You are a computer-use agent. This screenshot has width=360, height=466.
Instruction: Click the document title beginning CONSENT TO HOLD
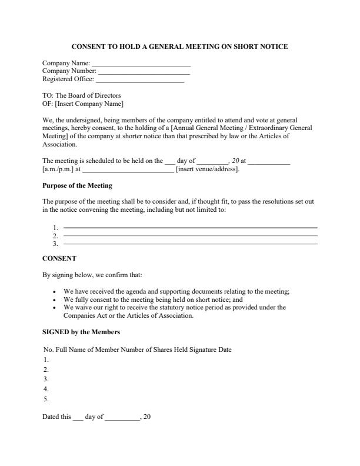pos(179,46)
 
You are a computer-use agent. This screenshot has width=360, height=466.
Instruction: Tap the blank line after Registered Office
pos(139,81)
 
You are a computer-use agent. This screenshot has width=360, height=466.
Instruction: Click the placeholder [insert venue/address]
pos(208,169)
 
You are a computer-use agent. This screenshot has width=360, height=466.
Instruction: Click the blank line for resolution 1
pos(190,227)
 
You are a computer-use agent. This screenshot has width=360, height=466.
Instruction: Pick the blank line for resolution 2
pos(190,235)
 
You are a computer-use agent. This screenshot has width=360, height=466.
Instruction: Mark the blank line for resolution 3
pos(190,243)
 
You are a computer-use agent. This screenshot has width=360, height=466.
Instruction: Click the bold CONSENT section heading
pos(59,258)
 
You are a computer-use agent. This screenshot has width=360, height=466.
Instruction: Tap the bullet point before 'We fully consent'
pos(54,299)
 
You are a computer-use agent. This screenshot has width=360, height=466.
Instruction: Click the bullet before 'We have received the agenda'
pos(54,292)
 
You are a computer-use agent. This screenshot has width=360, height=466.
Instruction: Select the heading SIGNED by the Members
pos(81,332)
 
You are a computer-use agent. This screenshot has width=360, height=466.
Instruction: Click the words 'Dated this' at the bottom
pos(56,417)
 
